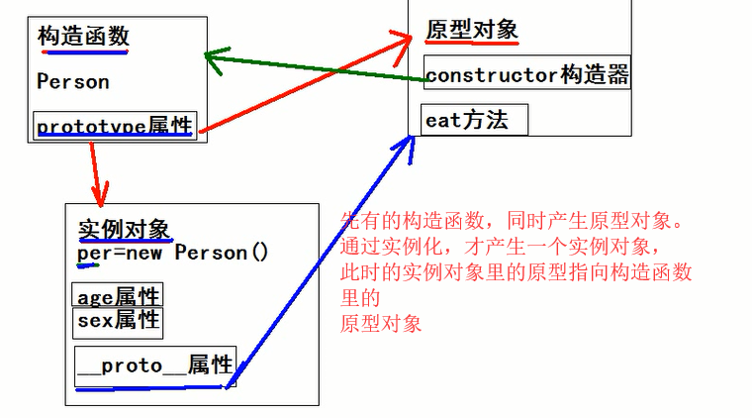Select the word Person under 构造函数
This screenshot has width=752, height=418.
click(x=73, y=82)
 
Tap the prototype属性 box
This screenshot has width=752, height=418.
click(x=114, y=126)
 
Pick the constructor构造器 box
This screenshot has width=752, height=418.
click(x=527, y=74)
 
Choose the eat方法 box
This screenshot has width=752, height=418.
click(x=474, y=120)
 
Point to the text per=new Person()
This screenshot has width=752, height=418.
click(x=173, y=253)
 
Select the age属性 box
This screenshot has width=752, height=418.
click(x=118, y=296)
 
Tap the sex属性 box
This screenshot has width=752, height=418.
click(x=118, y=320)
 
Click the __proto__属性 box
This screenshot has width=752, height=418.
click(x=155, y=365)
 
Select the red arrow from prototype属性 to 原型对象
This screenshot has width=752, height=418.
click(x=302, y=83)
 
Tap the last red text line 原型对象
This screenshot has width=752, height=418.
click(x=381, y=324)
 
